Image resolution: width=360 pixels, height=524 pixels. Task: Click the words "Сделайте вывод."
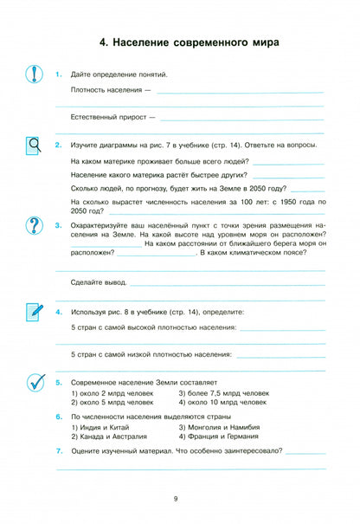point(98,282)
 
